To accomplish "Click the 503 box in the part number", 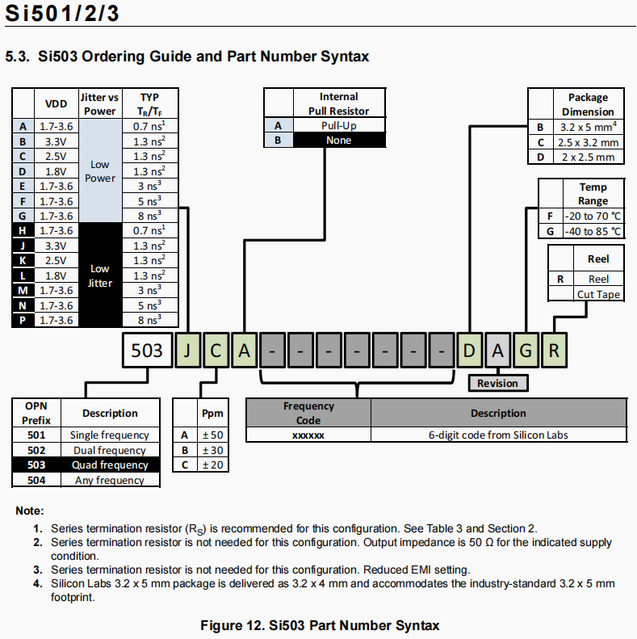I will point(148,351).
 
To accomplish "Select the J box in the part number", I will point(187,351).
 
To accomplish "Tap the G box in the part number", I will point(526,351).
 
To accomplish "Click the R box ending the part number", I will point(554,351).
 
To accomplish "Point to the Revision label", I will point(497,383).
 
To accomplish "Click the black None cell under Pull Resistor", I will point(338,140).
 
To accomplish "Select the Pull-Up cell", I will point(338,125).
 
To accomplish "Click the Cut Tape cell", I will point(598,294).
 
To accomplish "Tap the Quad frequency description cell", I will point(110,465).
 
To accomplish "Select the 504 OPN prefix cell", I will point(36,480).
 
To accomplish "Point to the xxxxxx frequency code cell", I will point(308,435).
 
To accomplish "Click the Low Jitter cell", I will point(100,275).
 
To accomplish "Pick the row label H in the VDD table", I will point(23,231).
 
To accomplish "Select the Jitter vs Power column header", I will point(100,103).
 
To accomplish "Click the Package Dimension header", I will point(587,104).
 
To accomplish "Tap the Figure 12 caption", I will point(320,625).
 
